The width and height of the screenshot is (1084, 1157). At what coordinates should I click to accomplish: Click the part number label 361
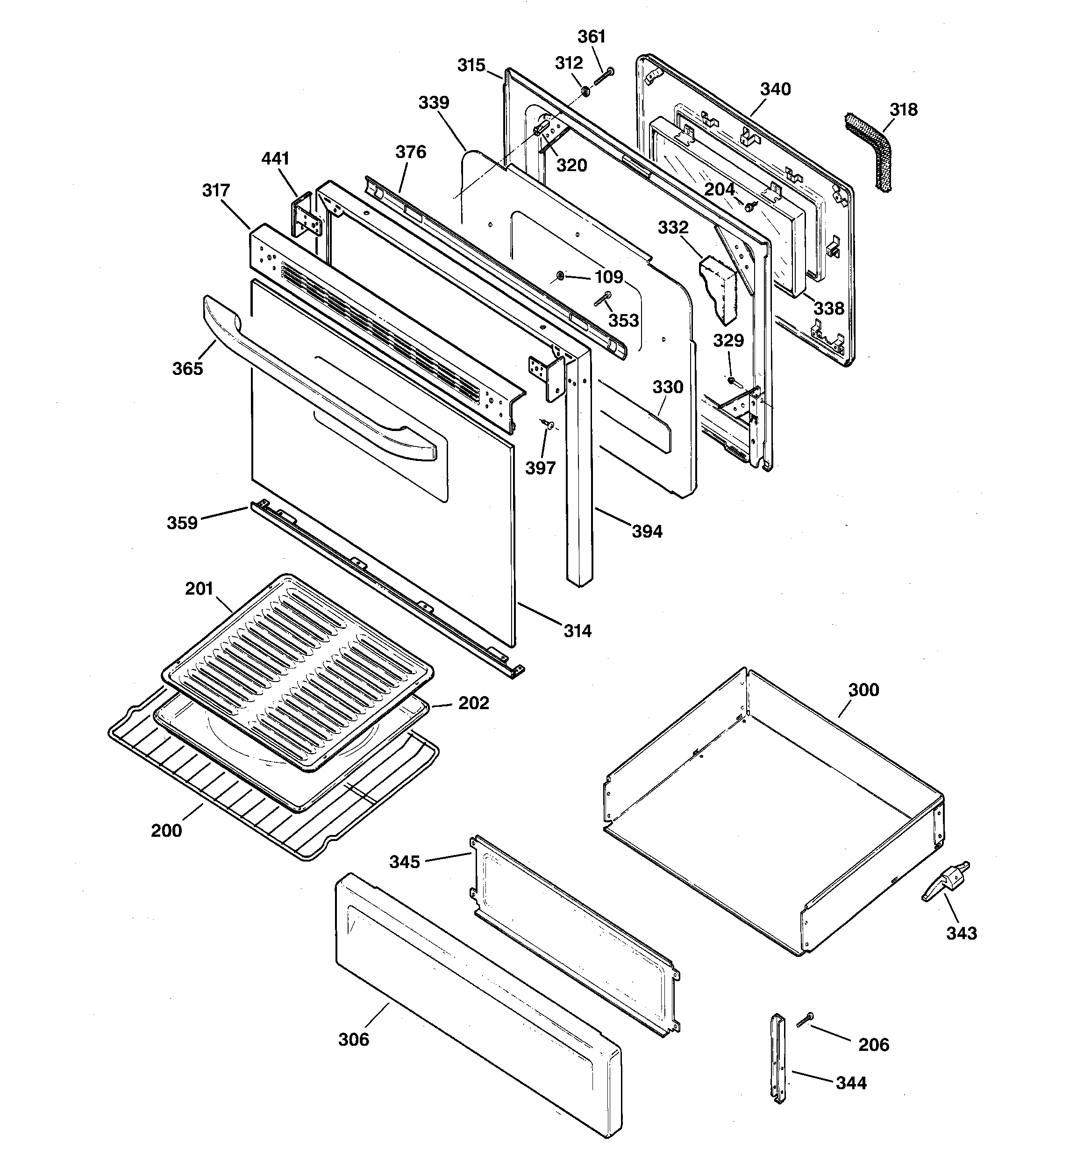(591, 36)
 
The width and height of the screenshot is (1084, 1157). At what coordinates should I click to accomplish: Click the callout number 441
(275, 158)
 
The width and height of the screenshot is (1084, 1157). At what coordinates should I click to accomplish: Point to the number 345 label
(404, 862)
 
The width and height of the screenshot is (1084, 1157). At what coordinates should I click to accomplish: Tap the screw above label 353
(603, 299)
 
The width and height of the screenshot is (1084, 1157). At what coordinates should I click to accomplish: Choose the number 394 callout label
(647, 532)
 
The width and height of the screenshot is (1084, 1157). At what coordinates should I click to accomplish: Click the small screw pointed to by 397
(548, 424)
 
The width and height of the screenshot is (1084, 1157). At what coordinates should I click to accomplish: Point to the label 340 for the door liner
(775, 89)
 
